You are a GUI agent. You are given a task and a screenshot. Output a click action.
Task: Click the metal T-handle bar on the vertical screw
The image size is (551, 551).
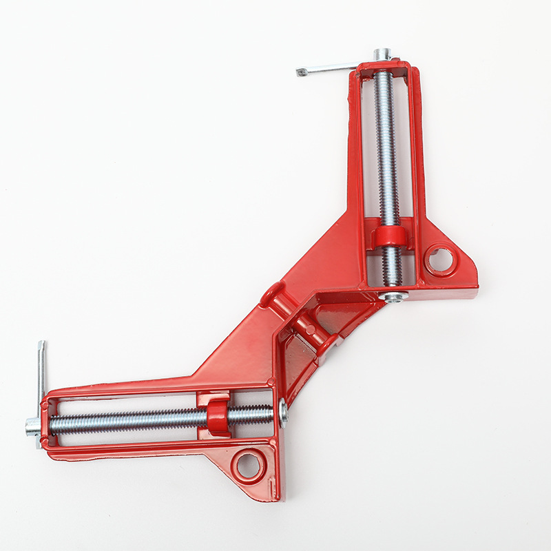click(327, 68)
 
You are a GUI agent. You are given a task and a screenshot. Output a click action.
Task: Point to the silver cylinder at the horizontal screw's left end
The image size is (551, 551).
click(32, 426)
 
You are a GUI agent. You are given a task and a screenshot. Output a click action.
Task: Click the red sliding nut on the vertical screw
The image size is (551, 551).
click(390, 236)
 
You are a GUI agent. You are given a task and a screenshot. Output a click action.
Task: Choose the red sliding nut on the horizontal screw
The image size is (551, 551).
click(217, 417)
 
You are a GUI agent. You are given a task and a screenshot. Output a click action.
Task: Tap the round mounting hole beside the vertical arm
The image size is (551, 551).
click(439, 260)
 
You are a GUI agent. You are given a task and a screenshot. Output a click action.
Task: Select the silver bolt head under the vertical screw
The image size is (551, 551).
click(393, 296)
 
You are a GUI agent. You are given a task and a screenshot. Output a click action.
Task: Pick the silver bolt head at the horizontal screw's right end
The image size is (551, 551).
click(283, 413)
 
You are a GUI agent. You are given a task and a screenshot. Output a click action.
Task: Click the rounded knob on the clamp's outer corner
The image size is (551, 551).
click(271, 294)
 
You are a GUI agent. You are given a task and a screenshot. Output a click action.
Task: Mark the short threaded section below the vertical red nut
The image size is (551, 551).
click(391, 267)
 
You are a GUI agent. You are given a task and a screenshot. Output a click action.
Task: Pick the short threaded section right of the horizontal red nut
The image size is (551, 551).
click(251, 415)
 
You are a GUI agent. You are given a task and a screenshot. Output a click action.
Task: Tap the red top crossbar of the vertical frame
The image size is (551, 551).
click(382, 67)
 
